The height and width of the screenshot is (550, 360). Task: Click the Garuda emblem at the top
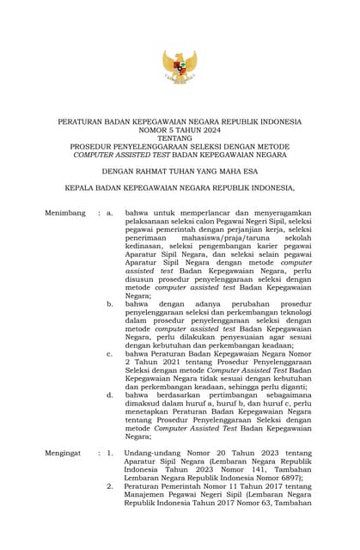point(180,67)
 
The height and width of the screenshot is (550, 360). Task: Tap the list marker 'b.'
point(110,303)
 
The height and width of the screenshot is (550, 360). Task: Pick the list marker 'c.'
point(110,352)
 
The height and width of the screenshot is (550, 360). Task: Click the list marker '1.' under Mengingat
point(110,452)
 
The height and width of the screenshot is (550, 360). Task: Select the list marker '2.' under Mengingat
point(110,486)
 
